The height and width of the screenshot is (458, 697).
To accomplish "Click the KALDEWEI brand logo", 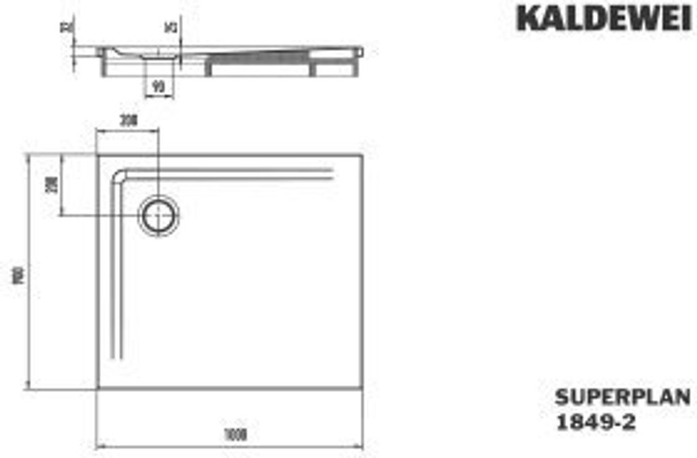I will coord(603,18).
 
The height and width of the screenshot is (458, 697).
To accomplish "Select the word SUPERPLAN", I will coord(623,397).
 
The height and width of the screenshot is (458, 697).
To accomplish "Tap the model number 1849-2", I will coord(597,422).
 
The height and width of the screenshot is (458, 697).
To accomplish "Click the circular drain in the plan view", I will coord(159,215).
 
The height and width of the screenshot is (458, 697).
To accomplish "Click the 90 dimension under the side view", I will coord(159,86).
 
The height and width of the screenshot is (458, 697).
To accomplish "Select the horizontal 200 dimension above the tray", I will coord(128,120).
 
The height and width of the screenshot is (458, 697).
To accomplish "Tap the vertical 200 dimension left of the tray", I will coord(49,184).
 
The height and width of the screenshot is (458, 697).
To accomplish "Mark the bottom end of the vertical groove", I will coord(117,355).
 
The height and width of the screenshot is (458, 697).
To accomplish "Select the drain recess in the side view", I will coord(158,61).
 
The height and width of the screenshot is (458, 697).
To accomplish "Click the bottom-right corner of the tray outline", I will coord(363,389).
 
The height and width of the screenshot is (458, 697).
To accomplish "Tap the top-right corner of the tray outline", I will coord(363,154).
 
